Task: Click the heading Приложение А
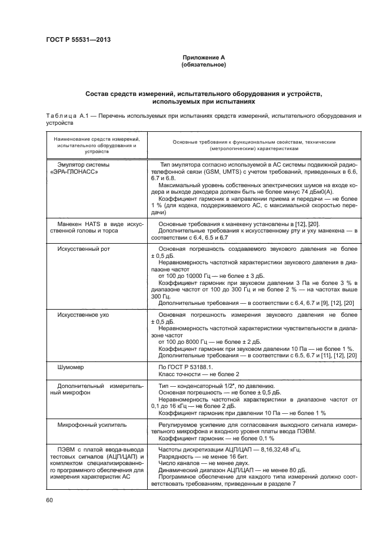(203, 57)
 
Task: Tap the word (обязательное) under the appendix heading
(203, 64)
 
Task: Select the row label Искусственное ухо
(82, 316)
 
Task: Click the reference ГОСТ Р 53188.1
(189, 367)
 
